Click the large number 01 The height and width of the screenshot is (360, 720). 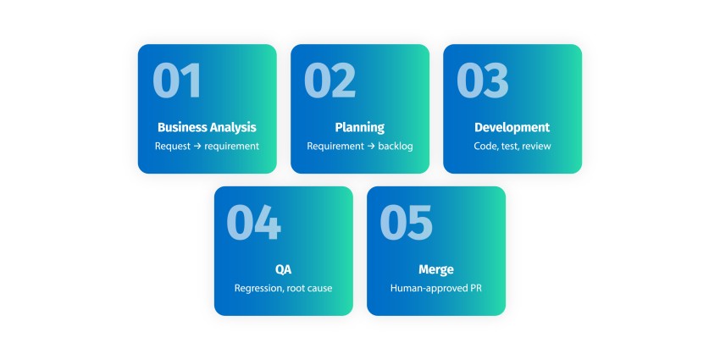click(177, 80)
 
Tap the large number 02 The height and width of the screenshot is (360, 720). click(330, 80)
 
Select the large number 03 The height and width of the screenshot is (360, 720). click(483, 80)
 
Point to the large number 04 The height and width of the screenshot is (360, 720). click(253, 222)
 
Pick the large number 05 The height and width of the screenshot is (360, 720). click(407, 222)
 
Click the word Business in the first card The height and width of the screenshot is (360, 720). click(182, 127)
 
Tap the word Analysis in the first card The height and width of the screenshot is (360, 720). click(233, 128)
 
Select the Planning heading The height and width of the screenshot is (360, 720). click(360, 128)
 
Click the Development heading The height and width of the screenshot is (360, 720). click(512, 128)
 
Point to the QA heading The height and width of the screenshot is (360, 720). click(283, 269)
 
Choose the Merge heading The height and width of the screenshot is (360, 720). click(436, 270)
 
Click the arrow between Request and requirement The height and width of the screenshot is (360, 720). click(197, 147)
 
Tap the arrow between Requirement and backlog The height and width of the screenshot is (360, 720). click(371, 147)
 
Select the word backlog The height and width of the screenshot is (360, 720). click(396, 146)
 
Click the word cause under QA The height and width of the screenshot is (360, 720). click(320, 289)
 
